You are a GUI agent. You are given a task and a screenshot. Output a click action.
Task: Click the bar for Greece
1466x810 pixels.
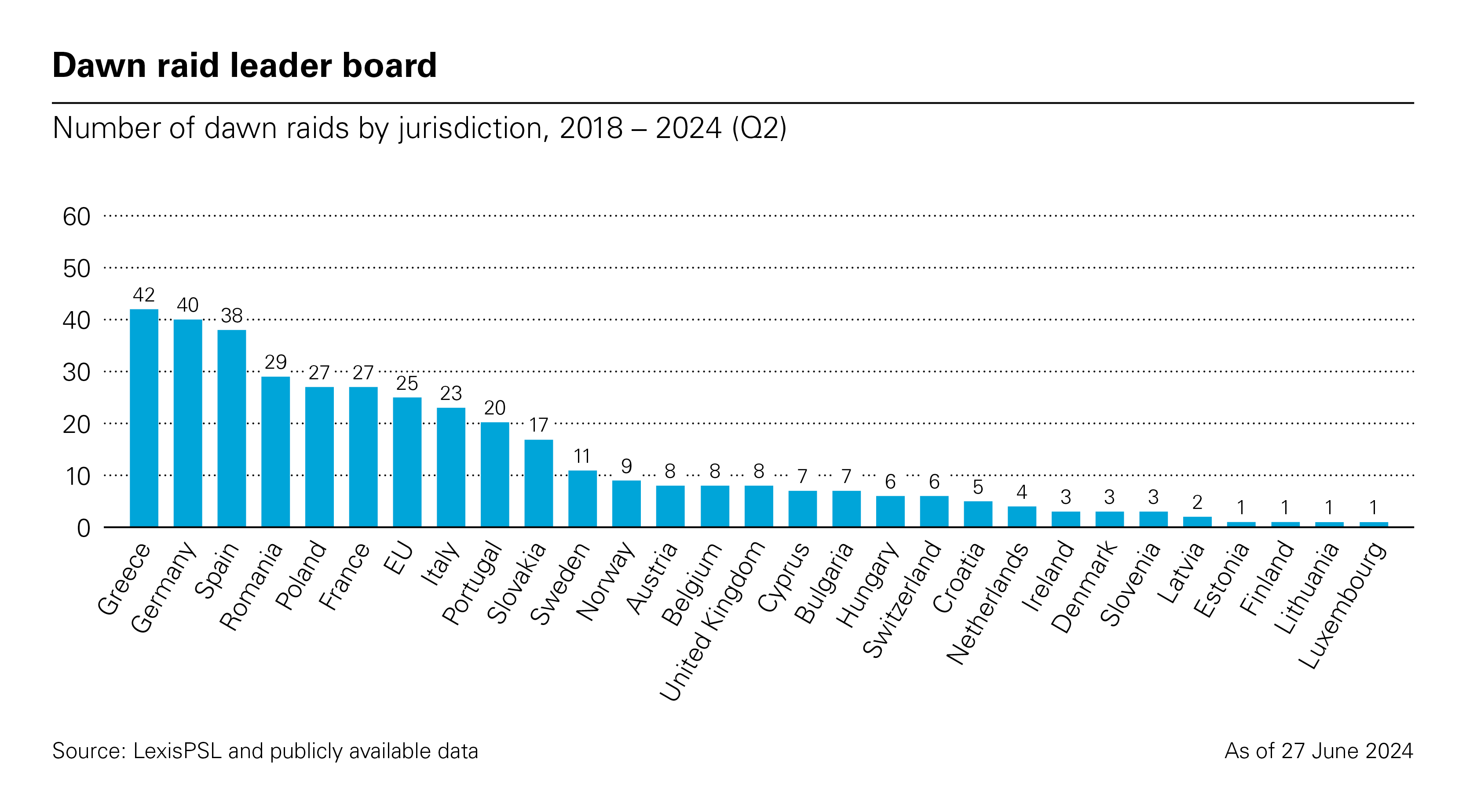click(144, 418)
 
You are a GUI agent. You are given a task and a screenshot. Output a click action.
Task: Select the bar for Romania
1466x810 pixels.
click(275, 452)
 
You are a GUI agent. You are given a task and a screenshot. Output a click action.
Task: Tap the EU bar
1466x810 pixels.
click(407, 462)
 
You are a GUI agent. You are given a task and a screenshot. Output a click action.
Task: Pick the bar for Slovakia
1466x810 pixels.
click(538, 483)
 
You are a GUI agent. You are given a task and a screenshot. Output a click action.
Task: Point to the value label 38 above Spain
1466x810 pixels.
click(232, 316)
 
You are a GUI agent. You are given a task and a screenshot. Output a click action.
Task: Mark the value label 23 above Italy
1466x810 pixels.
click(451, 393)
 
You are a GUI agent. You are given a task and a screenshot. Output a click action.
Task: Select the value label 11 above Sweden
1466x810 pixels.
click(581, 456)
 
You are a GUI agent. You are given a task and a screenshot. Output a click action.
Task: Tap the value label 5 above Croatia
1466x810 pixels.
click(978, 487)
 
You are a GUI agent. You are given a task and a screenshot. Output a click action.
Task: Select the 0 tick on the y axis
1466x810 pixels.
click(84, 528)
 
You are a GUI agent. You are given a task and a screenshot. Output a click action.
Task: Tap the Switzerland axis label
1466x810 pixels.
click(903, 599)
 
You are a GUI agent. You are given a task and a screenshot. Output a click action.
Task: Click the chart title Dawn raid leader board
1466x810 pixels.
click(244, 65)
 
